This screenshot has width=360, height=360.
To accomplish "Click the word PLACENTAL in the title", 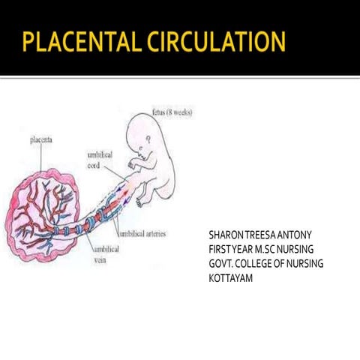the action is click(80, 41).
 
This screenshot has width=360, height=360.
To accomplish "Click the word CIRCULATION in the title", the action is click(216, 41).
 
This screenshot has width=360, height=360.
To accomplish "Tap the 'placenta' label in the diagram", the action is click(41, 139).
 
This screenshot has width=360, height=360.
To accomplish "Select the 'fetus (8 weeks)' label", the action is click(172, 112).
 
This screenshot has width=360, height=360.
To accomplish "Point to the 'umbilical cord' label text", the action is click(100, 160).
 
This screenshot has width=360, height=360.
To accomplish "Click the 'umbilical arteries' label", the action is click(143, 234).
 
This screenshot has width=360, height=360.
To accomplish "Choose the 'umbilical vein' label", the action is click(106, 254).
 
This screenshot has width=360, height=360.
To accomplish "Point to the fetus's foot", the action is click(139, 202).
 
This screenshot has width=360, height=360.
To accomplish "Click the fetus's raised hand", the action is click(130, 164).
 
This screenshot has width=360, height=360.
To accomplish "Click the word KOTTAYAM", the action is click(230, 278).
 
